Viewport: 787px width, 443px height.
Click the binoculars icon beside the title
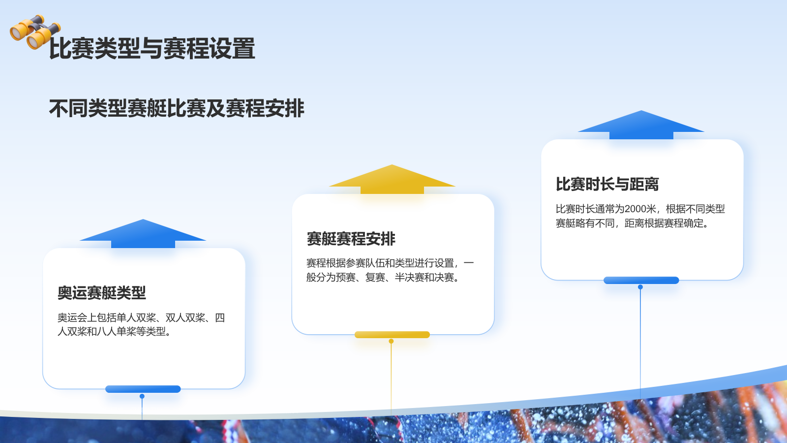[x=34, y=32]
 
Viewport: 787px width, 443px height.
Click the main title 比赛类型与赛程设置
[x=152, y=49]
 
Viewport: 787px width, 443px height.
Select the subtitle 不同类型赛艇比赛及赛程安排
[x=177, y=108]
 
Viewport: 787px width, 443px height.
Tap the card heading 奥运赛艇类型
[x=102, y=293]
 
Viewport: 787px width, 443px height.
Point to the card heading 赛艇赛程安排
[x=351, y=239]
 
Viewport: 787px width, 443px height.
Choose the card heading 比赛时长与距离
[x=607, y=184]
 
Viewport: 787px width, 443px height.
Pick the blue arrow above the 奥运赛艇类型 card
[x=143, y=234]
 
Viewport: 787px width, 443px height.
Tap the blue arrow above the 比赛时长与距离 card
[x=641, y=125]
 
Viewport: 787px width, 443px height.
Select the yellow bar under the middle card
[x=392, y=335]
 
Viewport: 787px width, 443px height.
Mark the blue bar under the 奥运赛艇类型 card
[x=143, y=389]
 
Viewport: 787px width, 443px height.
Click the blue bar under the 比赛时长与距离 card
[x=641, y=280]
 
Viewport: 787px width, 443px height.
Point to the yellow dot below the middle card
[x=391, y=341]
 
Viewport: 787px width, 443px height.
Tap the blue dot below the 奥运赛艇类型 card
[x=142, y=396]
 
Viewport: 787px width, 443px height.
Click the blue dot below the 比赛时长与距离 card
[x=640, y=287]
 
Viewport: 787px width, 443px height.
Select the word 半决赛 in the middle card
[x=409, y=278]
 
